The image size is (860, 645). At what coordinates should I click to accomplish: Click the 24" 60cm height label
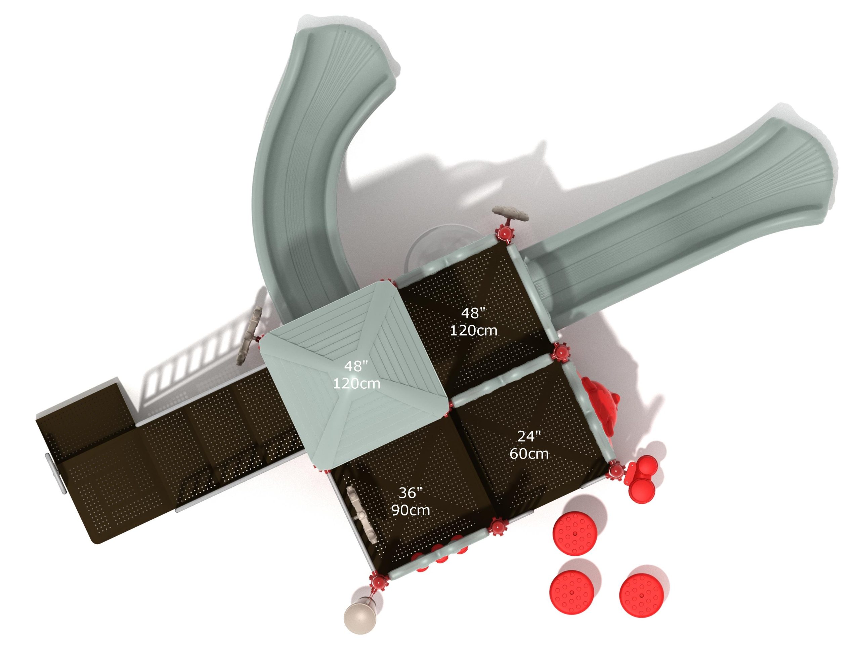(x=529, y=445)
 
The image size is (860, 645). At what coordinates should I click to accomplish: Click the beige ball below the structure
(x=360, y=618)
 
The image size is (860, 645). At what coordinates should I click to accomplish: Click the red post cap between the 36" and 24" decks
(x=497, y=527)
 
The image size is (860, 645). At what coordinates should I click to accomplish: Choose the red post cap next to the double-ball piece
(x=615, y=471)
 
